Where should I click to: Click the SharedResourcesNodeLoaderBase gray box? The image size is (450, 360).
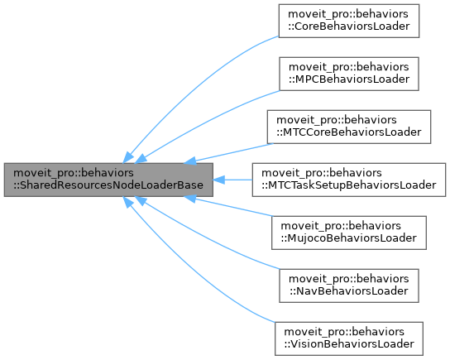pyautogui.click(x=109, y=180)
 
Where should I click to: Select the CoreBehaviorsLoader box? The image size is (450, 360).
pyautogui.click(x=348, y=22)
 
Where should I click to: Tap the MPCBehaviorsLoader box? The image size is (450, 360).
pyautogui.click(x=348, y=74)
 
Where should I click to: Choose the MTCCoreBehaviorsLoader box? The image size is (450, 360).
pyautogui.click(x=348, y=127)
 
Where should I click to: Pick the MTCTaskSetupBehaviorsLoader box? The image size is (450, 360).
pyautogui.click(x=348, y=180)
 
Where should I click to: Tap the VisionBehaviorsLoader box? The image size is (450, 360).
pyautogui.click(x=348, y=338)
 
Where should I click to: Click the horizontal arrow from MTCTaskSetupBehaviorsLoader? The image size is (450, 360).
pyautogui.click(x=236, y=180)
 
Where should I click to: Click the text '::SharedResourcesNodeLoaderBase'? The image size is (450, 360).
pyautogui.click(x=109, y=186)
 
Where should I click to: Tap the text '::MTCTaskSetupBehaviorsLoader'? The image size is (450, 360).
pyautogui.click(x=348, y=186)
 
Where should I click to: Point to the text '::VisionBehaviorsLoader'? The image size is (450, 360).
pyautogui.click(x=348, y=344)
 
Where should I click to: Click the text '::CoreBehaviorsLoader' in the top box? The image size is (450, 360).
pyautogui.click(x=348, y=28)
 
